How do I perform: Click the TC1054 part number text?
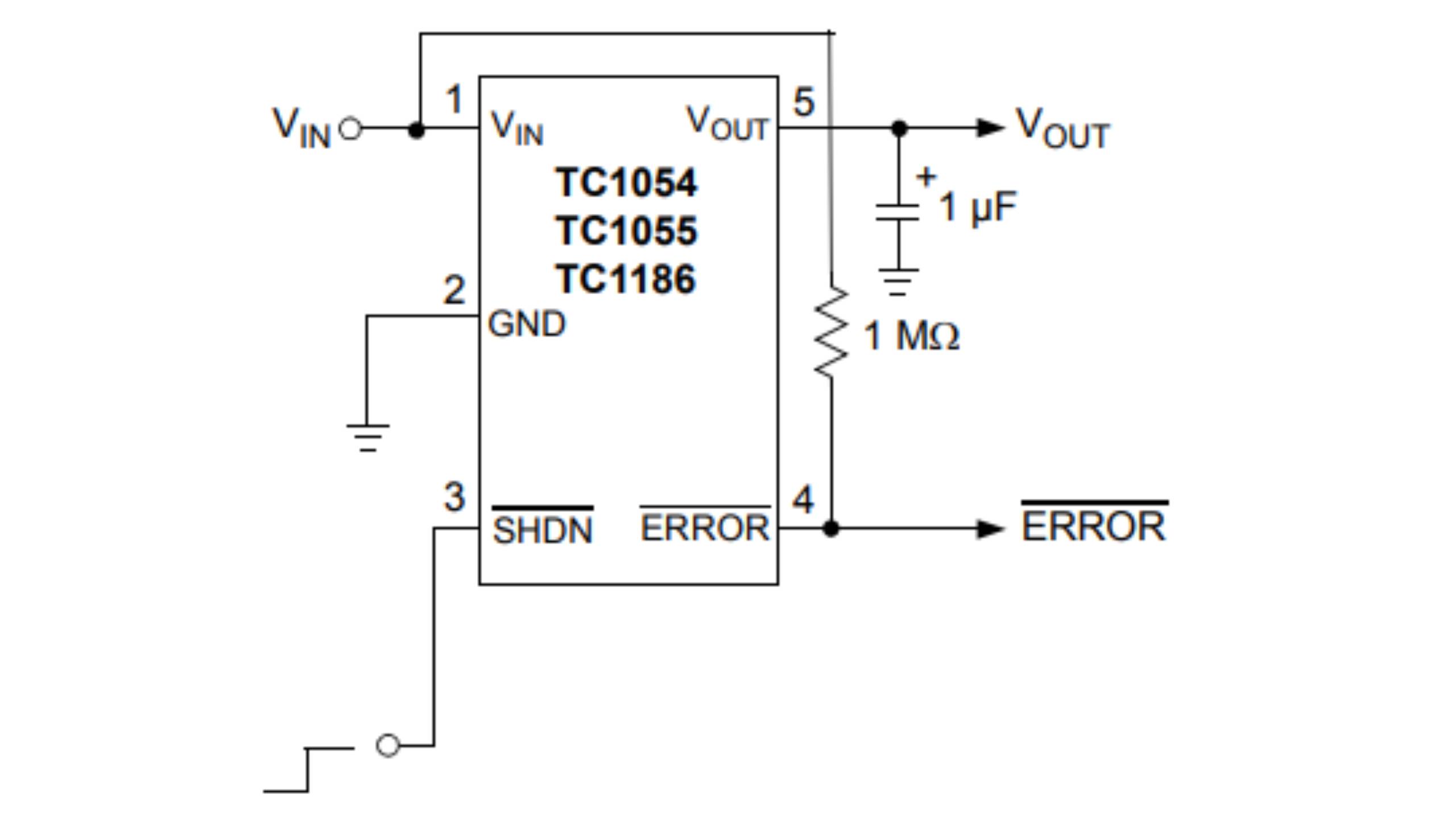[x=626, y=183]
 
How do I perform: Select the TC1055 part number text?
[x=626, y=231]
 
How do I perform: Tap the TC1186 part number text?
[x=626, y=279]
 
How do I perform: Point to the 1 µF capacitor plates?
[x=897, y=212]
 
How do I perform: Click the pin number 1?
[x=453, y=100]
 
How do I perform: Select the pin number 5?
[x=804, y=102]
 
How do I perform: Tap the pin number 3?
[x=454, y=498]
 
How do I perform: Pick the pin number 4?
[x=803, y=500]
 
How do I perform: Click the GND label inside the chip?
[x=527, y=324]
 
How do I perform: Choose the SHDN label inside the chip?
[x=543, y=530]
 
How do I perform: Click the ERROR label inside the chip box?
[x=705, y=528]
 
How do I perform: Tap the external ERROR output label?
[x=1093, y=526]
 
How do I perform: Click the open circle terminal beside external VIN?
[x=350, y=129]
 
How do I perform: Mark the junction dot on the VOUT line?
[x=899, y=129]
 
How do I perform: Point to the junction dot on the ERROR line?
[x=831, y=529]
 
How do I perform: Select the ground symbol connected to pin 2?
[x=367, y=438]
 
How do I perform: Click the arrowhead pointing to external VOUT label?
[x=990, y=128]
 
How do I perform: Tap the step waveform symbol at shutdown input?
[x=308, y=769]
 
